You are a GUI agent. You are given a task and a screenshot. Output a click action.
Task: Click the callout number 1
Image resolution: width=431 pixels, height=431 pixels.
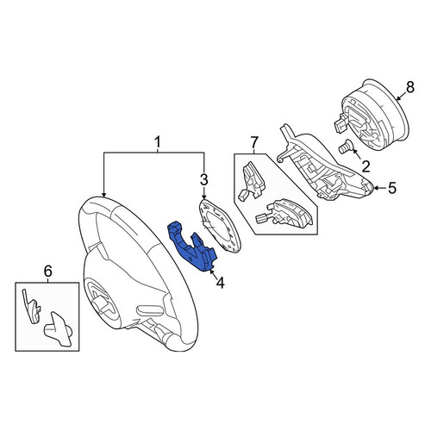pyautogui.click(x=158, y=143)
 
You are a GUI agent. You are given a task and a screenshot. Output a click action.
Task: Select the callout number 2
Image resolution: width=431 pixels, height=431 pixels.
pyautogui.click(x=365, y=166)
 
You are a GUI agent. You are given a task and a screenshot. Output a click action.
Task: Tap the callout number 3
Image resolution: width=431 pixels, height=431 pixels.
pyautogui.click(x=203, y=180)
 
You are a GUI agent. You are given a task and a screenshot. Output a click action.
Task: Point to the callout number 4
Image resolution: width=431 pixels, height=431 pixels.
pyautogui.click(x=220, y=283)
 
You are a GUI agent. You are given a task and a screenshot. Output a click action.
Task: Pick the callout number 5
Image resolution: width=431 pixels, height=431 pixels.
pyautogui.click(x=392, y=188)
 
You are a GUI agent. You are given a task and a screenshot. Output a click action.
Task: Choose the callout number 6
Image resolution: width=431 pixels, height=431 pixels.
pyautogui.click(x=47, y=271)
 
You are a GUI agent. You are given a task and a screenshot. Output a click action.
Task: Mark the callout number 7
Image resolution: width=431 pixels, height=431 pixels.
pyautogui.click(x=254, y=143)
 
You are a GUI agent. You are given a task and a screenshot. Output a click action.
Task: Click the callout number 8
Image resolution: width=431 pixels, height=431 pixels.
pyautogui.click(x=410, y=87)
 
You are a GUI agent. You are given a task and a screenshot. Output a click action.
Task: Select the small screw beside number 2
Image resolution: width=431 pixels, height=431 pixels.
pyautogui.click(x=345, y=147)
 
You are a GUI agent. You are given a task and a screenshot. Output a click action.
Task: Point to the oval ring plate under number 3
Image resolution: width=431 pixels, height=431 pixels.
pyautogui.click(x=220, y=227)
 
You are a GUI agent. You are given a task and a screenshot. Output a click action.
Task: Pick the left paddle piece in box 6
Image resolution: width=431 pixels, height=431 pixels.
pyautogui.click(x=31, y=306)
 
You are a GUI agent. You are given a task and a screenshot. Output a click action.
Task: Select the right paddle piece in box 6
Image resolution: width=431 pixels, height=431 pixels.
pyautogui.click(x=58, y=330)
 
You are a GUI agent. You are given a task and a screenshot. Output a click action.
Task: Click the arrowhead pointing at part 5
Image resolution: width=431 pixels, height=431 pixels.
pyautogui.click(x=377, y=188)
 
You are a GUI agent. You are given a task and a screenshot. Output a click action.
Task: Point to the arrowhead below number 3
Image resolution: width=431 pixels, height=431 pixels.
pyautogui.click(x=203, y=197)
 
